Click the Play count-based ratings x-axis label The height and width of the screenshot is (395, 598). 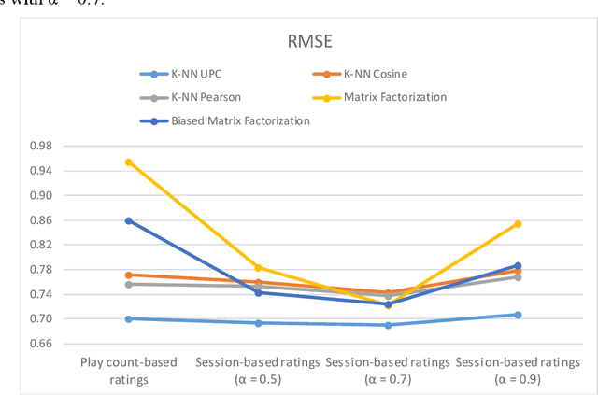[129, 368]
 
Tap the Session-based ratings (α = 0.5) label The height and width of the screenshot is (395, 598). [257, 368]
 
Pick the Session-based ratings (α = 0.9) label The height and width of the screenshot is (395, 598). [517, 368]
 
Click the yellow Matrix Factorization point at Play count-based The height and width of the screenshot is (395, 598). [129, 162]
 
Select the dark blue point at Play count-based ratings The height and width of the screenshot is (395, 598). [129, 220]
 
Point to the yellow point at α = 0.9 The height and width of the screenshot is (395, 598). [517, 224]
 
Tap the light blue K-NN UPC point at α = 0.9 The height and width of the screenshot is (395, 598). [517, 315]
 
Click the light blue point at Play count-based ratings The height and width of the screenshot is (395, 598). [129, 318]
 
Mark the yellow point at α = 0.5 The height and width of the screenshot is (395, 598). [258, 268]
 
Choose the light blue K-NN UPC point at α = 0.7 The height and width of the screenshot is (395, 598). [388, 325]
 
